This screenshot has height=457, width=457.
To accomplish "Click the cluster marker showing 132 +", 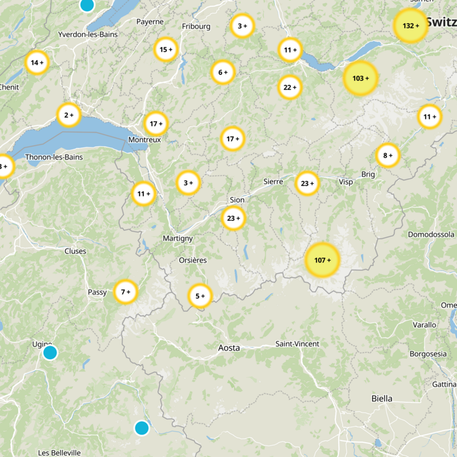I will click(x=411, y=26).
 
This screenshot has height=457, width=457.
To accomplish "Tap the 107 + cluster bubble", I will click(x=322, y=260).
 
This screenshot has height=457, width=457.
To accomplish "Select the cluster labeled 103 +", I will click(x=360, y=78).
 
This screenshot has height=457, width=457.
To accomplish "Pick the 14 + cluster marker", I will click(x=37, y=62).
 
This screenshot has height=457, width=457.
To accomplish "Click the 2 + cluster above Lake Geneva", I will click(x=69, y=115).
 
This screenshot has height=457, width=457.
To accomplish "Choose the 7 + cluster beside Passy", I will click(x=126, y=292).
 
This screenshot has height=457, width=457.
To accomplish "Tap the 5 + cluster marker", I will click(x=200, y=296).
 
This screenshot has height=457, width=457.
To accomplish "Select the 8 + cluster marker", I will click(x=388, y=155).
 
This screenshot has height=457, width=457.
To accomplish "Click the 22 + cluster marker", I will click(x=290, y=87).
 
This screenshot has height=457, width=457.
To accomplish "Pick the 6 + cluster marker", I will click(x=223, y=72).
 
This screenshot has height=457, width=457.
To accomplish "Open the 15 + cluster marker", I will click(x=166, y=50).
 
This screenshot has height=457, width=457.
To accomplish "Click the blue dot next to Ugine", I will click(x=50, y=352).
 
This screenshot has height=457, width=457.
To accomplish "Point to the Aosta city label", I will click(x=229, y=347).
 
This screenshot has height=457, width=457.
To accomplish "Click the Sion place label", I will click(x=236, y=200).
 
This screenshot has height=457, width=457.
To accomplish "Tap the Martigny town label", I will click(x=178, y=238).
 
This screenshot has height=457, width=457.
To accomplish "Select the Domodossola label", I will click(x=431, y=234).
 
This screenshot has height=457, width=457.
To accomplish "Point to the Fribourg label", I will click(x=196, y=26).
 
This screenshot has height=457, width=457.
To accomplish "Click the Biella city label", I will click(x=382, y=398).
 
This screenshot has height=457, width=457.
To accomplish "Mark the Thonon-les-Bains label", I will click(x=54, y=157).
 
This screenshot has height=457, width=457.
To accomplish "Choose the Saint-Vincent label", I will click(x=297, y=344).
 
